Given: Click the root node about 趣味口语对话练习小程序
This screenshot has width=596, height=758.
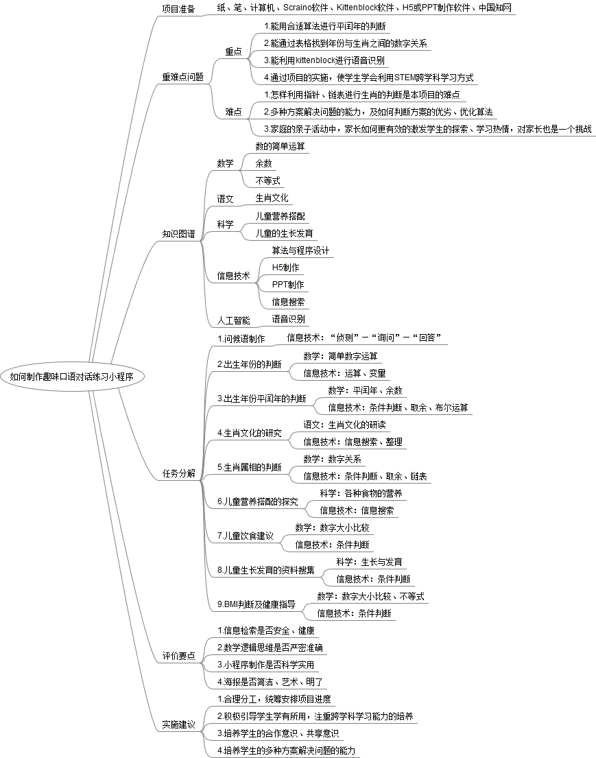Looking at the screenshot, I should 77,377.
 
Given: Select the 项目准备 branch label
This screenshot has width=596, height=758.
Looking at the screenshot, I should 178,9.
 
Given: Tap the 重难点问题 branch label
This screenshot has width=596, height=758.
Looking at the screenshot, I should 182,78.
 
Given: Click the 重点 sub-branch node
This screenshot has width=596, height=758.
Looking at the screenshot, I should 233,51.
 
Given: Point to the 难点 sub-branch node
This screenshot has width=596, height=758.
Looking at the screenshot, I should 233,112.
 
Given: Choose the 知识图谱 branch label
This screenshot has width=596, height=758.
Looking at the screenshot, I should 178,234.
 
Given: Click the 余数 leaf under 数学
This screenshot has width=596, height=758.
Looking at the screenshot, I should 263,164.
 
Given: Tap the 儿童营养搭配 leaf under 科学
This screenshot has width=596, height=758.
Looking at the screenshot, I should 280,216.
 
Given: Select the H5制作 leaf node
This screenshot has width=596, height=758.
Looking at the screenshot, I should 285,268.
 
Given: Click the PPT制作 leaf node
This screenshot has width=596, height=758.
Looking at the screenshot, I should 288,285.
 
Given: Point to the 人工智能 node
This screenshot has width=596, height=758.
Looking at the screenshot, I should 234,320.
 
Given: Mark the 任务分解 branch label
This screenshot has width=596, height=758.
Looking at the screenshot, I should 178,473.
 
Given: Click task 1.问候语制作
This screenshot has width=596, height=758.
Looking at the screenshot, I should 241,338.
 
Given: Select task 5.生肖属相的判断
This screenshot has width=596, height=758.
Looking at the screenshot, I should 249,467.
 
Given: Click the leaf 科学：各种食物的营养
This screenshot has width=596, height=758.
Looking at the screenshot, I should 361,493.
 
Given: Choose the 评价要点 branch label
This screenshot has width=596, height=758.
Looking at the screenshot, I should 178,656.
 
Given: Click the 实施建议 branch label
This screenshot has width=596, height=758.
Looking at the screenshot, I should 178,724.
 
